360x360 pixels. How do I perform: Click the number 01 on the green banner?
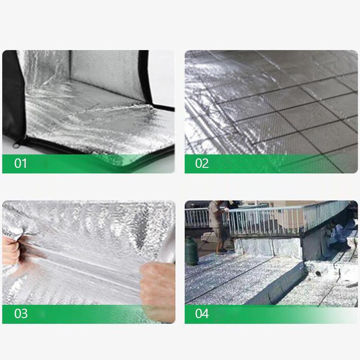pyautogui.click(x=21, y=163)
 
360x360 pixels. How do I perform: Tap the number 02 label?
pyautogui.click(x=202, y=163)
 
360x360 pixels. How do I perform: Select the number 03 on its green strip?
pyautogui.click(x=21, y=314)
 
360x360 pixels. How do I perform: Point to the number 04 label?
pyautogui.click(x=202, y=314)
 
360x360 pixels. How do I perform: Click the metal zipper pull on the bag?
pyautogui.click(x=17, y=145)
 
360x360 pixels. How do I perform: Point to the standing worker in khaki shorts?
pyautogui.click(x=218, y=225)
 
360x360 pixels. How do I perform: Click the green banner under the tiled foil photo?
pyautogui.click(x=270, y=164)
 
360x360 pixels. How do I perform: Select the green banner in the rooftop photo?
pyautogui.click(x=270, y=314)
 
